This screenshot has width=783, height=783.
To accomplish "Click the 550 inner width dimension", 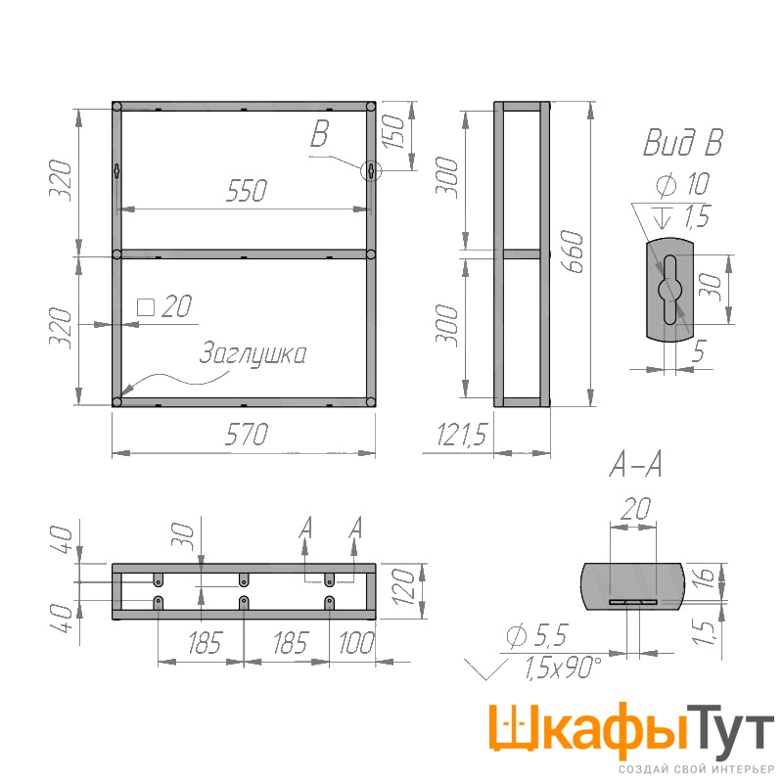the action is point(247,190).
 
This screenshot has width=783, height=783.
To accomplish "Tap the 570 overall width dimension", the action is point(247,434).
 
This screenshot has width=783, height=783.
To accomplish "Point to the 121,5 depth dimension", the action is point(461,434).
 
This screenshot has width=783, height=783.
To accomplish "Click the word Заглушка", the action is point(253,354).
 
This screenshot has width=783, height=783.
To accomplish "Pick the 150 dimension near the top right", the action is point(394,131).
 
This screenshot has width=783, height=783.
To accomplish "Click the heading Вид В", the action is point(682,142).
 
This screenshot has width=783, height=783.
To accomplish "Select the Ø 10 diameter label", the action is point(682,184).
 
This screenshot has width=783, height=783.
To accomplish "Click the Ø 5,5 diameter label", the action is point(536,635).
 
